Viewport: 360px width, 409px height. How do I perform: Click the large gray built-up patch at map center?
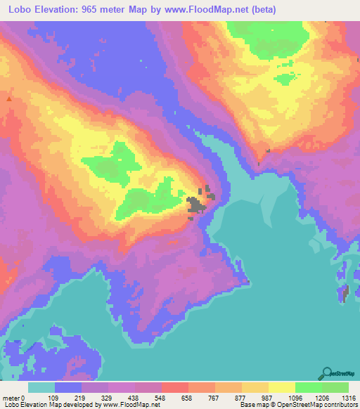pos(196,204)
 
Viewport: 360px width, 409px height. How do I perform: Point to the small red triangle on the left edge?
pos(9,100)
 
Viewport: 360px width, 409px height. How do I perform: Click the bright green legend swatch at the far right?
pos(335,387)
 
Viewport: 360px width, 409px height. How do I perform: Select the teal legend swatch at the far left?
pos(41,387)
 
